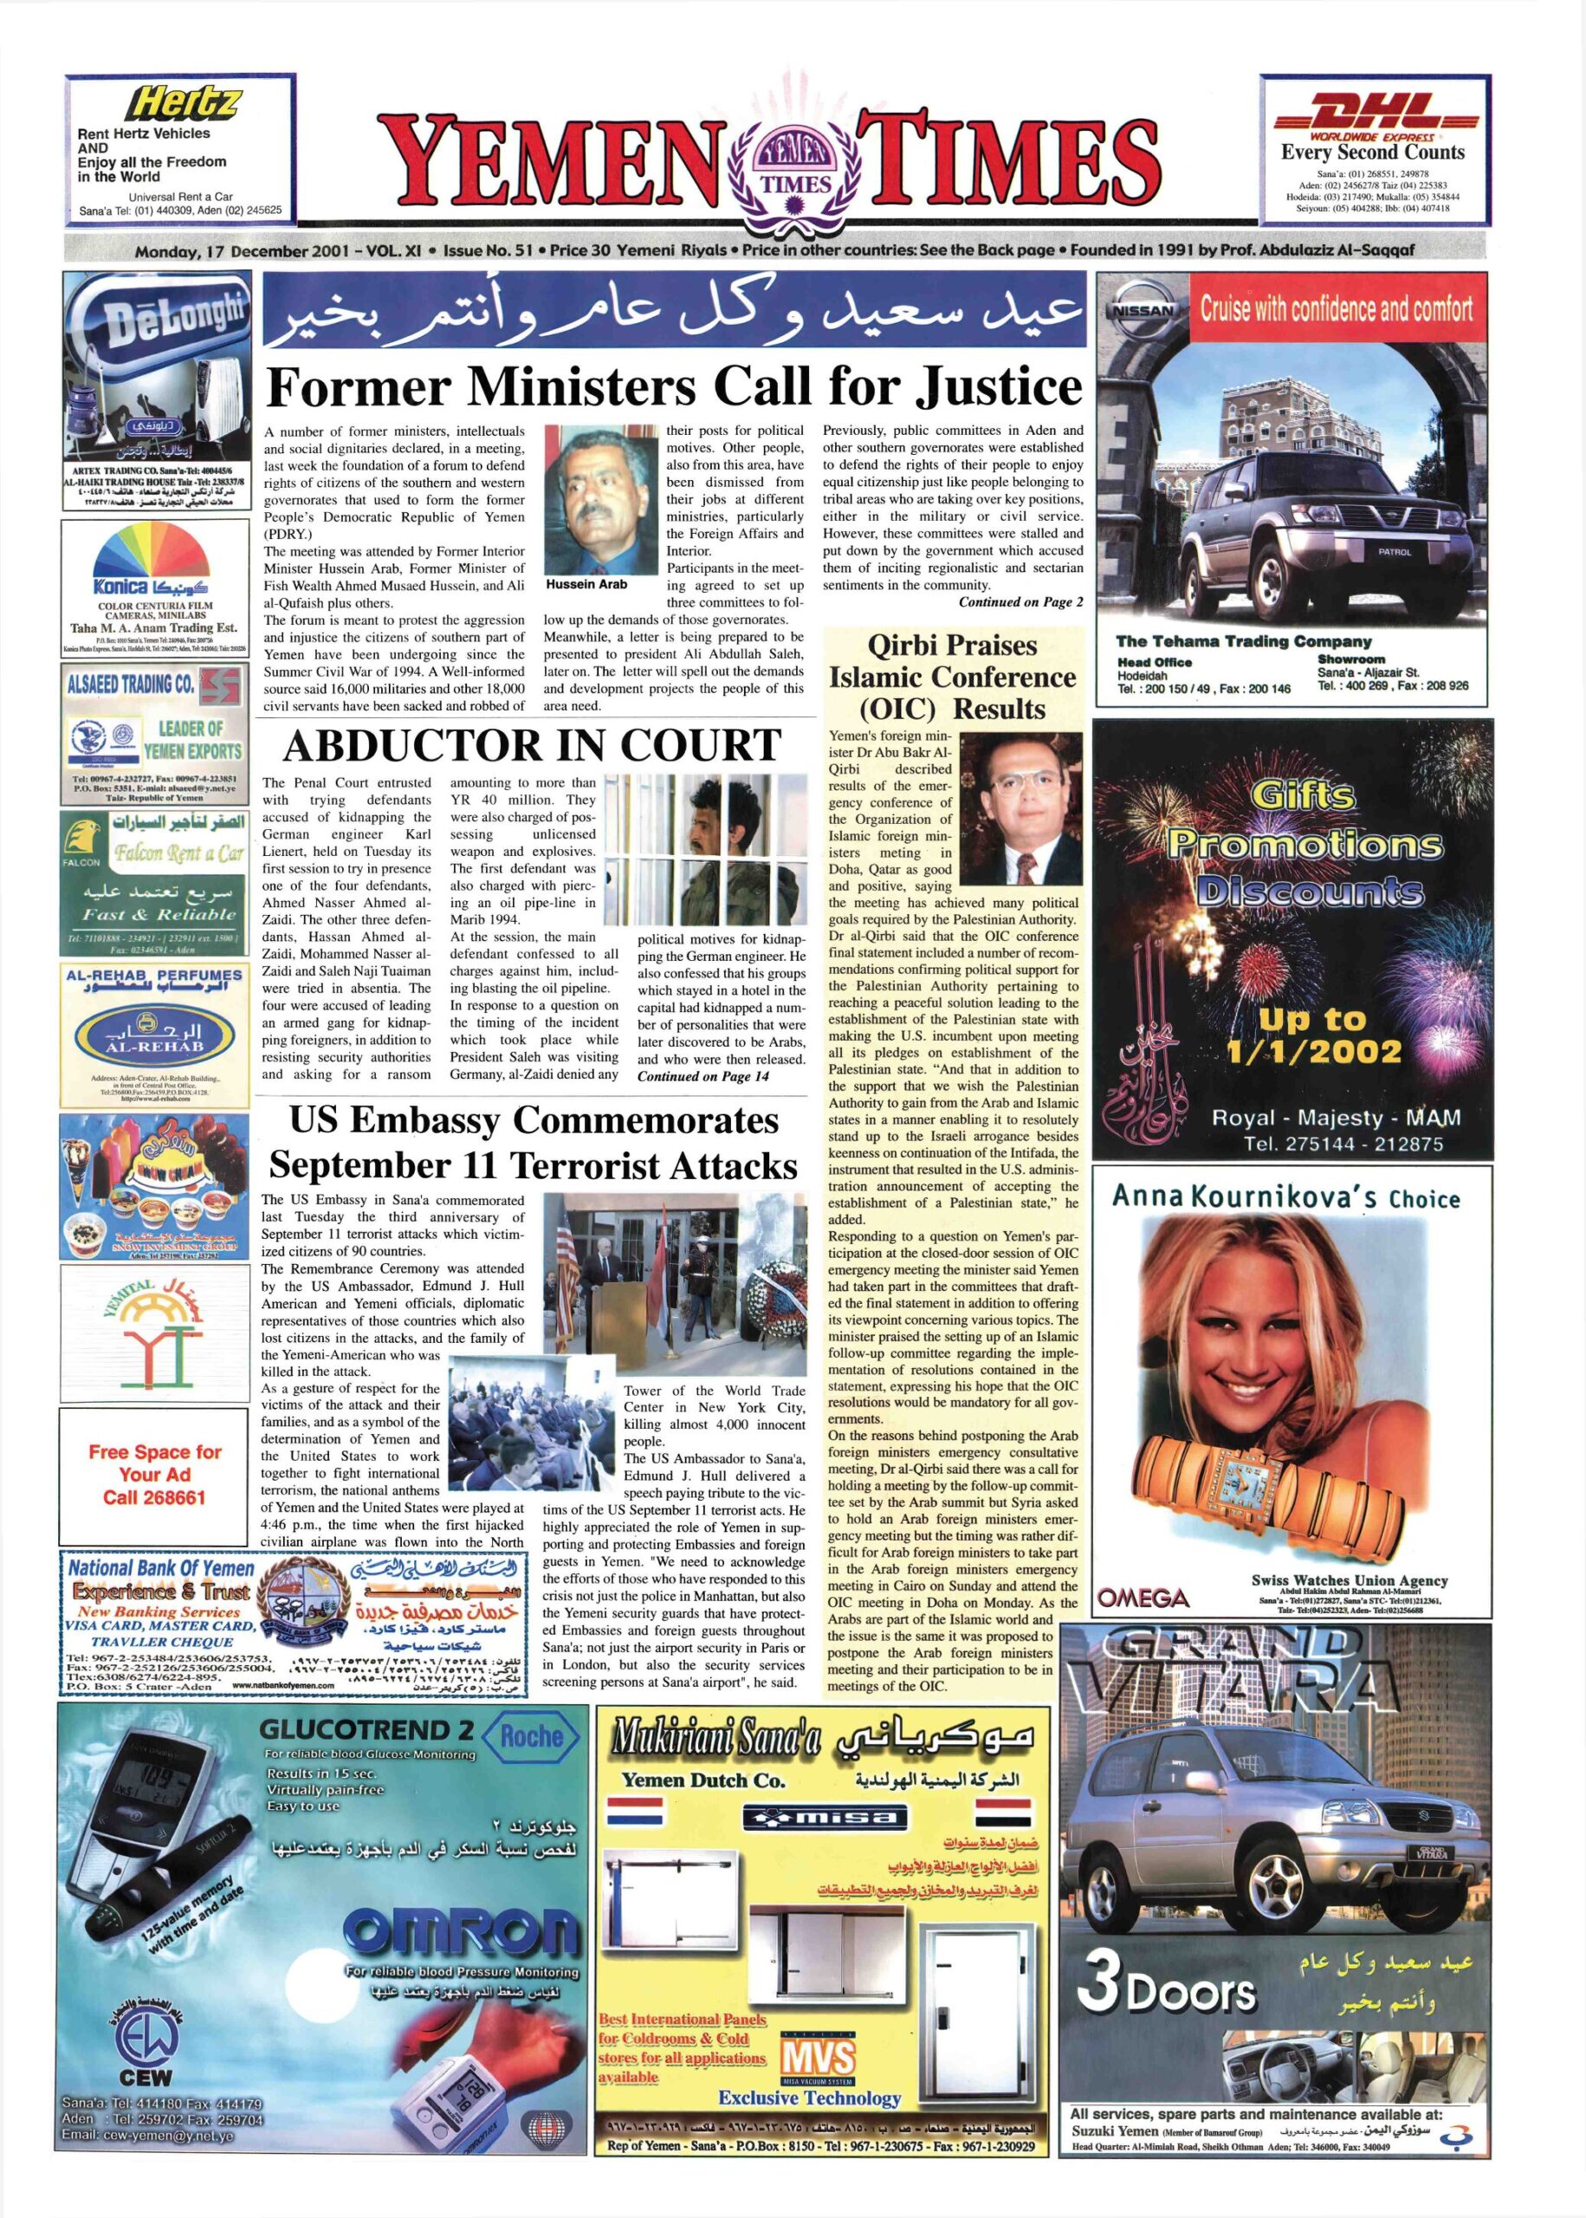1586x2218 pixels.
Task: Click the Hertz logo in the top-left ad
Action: pos(184,102)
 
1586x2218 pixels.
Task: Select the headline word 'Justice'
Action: pos(999,388)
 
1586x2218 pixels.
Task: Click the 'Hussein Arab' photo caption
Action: pos(586,584)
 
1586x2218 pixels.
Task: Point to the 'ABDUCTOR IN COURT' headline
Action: pos(531,747)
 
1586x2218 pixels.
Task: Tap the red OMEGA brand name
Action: pos(1143,1599)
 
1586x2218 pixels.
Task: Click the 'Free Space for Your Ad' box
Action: pos(154,1475)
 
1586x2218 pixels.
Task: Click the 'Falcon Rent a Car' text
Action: pos(177,854)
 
